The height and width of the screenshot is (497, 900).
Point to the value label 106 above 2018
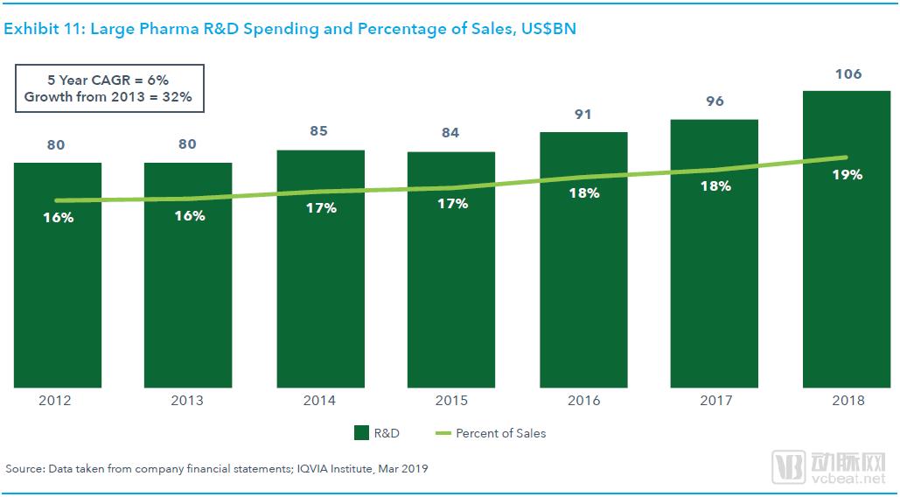click(847, 74)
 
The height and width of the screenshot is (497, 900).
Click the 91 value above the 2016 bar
click(583, 114)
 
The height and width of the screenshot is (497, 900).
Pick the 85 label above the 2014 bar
click(320, 132)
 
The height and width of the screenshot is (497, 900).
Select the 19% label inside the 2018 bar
click(847, 174)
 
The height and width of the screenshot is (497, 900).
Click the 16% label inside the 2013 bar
click(188, 215)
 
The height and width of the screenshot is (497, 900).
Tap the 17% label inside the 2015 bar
click(451, 204)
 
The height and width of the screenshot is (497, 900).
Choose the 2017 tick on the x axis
click(715, 401)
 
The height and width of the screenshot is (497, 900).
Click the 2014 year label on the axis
click(320, 401)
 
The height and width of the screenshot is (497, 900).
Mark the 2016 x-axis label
click(583, 401)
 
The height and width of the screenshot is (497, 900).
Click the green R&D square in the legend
click(361, 432)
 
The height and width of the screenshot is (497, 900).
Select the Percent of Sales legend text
click(500, 432)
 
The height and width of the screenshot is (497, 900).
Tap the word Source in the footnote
click(23, 469)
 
